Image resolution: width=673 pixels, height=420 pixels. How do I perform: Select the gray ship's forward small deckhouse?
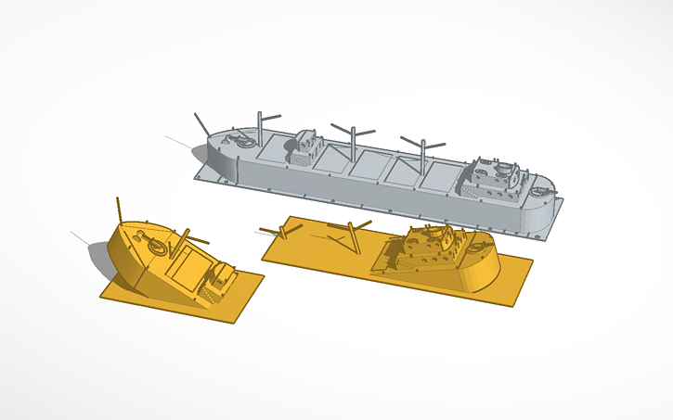pos(307,147)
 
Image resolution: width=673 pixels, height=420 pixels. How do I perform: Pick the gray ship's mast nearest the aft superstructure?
pos(423,152)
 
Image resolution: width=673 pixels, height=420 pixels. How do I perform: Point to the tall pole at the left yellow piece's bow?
pos(120,210)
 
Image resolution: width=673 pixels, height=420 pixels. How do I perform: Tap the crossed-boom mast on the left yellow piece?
pos(185,235)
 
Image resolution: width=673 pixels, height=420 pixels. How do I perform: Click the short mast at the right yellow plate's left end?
pos(279,230)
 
